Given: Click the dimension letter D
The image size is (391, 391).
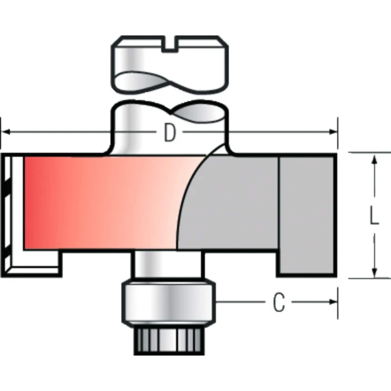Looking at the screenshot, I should [170, 133].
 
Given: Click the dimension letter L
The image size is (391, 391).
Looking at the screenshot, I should [374, 216].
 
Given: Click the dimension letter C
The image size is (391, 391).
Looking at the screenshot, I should [279, 304].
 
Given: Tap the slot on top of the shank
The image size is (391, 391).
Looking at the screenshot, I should [169, 44].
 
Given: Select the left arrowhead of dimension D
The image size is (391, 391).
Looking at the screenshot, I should [6, 132].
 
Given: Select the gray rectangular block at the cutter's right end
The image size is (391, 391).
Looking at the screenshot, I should [307, 215].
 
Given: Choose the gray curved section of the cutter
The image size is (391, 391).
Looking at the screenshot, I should [230, 205].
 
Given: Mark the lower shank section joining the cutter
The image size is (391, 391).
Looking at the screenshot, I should [166, 127].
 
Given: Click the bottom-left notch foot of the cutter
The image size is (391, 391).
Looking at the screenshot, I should [37, 264].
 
